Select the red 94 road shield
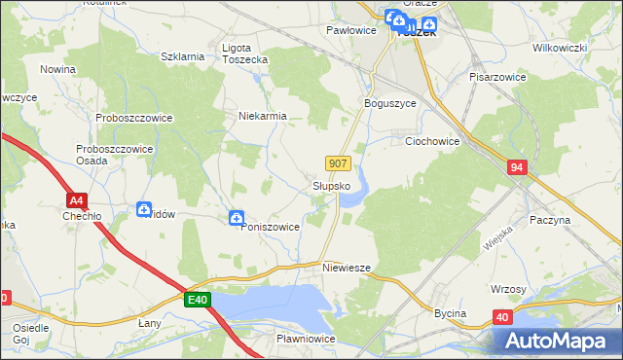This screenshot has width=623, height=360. coord(517,168)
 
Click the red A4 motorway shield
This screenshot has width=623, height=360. coord(79,200)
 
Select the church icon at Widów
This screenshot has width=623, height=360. coord(144,207)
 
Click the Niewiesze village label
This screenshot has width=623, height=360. coord(348,267)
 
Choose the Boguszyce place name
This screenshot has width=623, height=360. coord(389,103)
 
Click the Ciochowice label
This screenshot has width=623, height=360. coord(431,141)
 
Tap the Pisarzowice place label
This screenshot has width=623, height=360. coord(497,76)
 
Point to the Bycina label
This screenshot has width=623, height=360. coord(450,313)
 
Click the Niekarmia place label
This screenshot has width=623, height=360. coord(263,116)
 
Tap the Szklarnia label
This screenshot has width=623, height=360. coord(182,56)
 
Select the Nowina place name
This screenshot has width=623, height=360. coord(58,70)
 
